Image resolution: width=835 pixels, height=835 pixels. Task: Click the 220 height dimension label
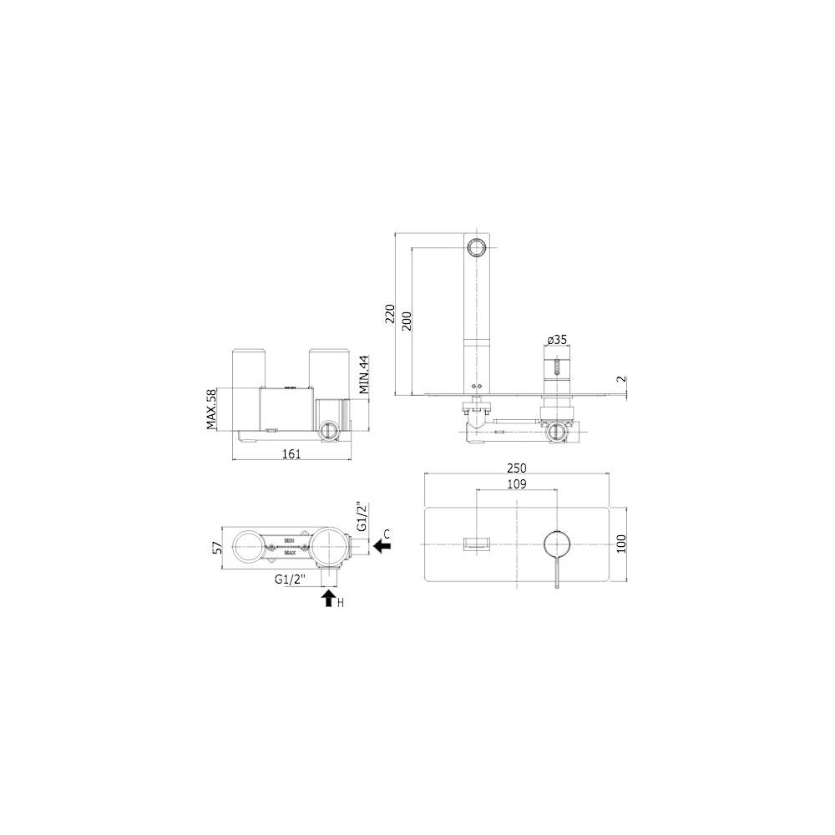coord(389,313)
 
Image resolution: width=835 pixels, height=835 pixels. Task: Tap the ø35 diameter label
coord(557,340)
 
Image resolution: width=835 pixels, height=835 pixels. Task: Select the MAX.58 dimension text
coord(211,409)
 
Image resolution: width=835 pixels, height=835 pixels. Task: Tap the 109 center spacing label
coord(517,483)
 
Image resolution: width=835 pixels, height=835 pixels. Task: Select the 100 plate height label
coord(620,543)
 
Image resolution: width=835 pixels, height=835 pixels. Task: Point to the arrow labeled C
coord(382,545)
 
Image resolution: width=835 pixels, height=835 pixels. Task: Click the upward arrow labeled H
coord(328,597)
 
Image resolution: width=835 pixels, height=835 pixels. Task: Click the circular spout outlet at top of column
coord(477,247)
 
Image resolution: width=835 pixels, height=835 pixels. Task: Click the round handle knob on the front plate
coord(556,544)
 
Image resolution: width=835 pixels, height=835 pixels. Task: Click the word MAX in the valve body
coord(291,552)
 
